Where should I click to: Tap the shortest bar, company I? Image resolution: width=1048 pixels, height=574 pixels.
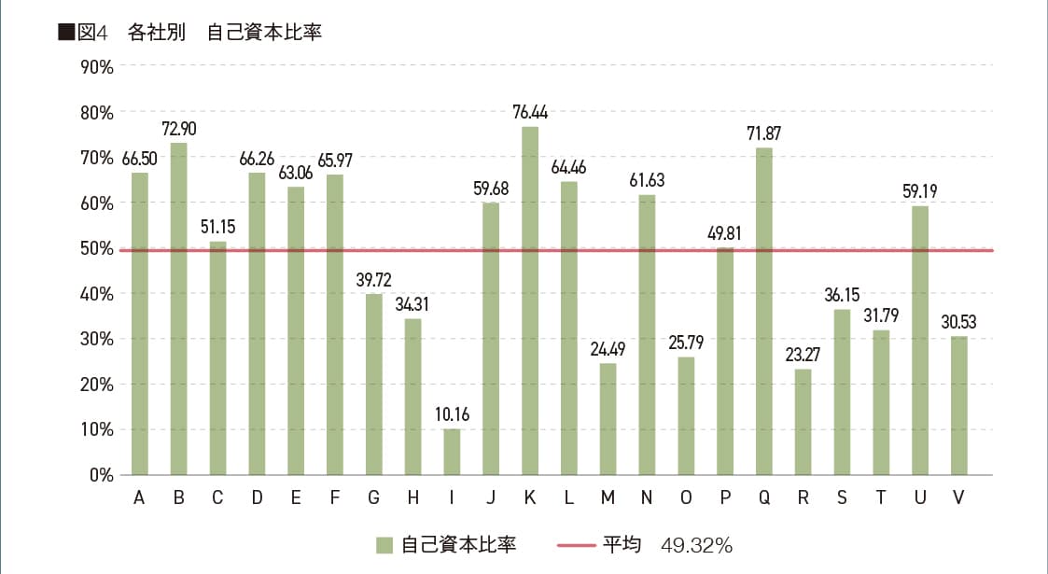click(452, 452)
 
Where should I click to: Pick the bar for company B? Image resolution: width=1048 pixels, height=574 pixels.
click(178, 308)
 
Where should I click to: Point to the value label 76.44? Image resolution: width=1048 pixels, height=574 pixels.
click(529, 113)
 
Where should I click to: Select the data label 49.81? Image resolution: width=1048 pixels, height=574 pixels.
click(724, 233)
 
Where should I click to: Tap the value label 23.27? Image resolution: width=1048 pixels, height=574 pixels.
click(803, 355)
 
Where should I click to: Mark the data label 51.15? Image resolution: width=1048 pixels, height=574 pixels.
click(217, 228)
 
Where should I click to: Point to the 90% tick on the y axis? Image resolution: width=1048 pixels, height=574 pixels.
click(96, 67)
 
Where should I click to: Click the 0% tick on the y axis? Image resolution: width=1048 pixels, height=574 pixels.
click(101, 474)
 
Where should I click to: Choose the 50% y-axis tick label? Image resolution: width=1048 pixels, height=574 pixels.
click(96, 248)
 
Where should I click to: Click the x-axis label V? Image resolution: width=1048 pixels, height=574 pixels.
click(958, 497)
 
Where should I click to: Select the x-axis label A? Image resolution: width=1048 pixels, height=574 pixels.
click(139, 497)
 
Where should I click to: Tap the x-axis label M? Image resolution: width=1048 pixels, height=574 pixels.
click(608, 497)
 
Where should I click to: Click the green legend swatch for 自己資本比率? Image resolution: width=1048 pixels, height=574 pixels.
click(384, 544)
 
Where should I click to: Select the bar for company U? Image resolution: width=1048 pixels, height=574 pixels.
click(919, 340)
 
